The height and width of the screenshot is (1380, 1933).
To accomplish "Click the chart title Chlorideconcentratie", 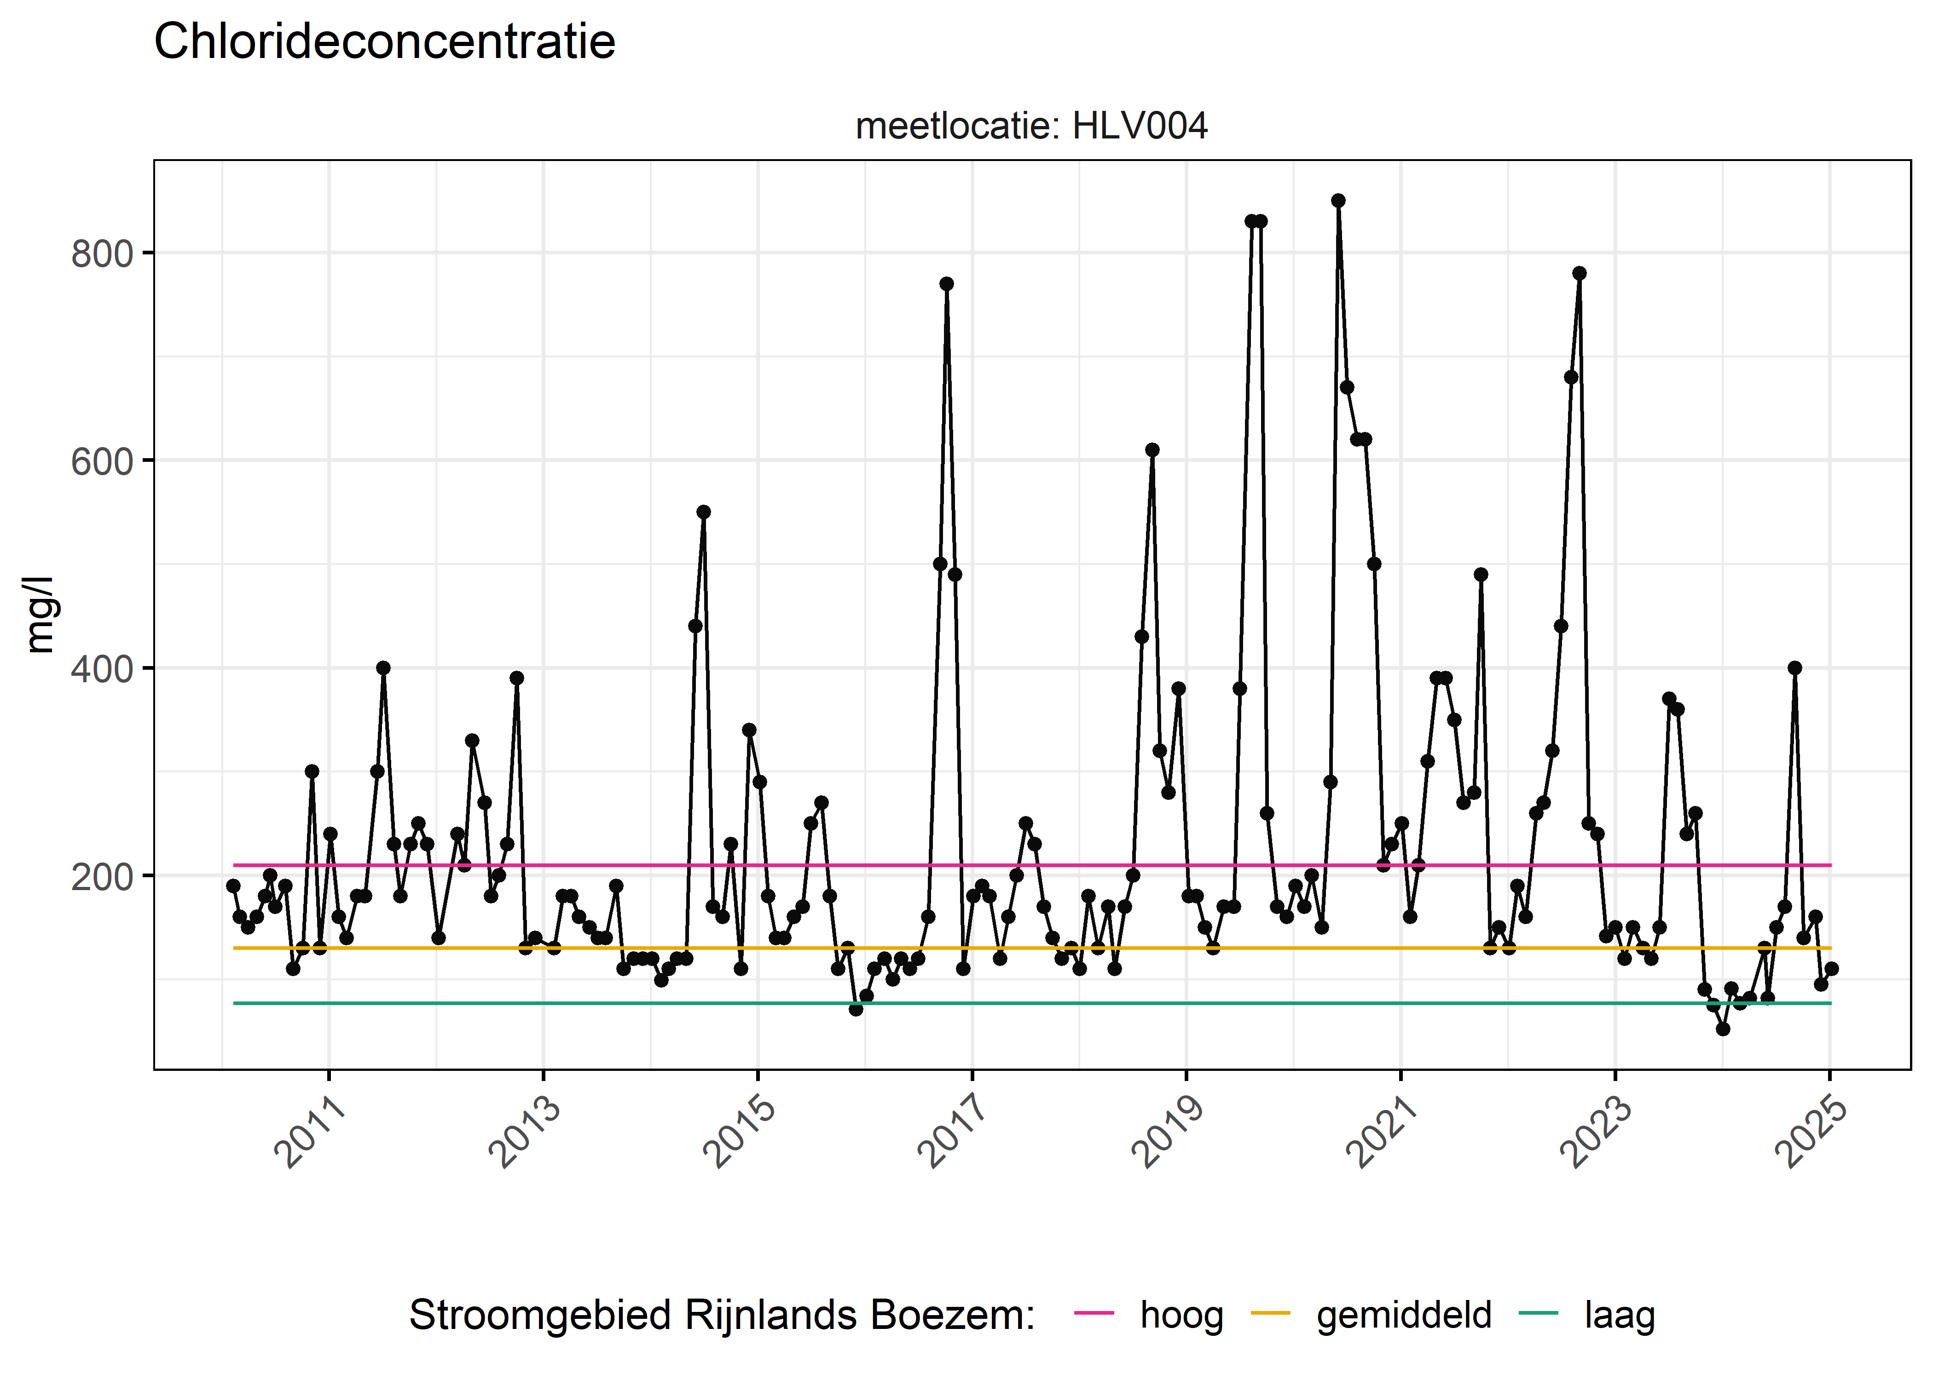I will tap(384, 42).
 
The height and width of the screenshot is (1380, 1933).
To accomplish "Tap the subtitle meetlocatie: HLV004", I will tap(1031, 126).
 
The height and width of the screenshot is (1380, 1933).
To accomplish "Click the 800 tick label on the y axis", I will tap(102, 253).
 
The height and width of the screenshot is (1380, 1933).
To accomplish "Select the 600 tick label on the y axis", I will tap(102, 461).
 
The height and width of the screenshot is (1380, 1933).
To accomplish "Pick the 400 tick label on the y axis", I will tap(102, 669).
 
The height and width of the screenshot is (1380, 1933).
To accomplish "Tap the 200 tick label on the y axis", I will tap(102, 876).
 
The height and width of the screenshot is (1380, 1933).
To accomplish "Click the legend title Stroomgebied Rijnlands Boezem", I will tap(722, 1316).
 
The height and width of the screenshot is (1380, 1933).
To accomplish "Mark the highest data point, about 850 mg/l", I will tap(1338, 201).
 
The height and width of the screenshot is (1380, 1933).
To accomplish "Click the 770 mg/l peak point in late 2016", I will tap(946, 284).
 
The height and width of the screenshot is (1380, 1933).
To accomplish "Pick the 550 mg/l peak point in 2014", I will tap(703, 512).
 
